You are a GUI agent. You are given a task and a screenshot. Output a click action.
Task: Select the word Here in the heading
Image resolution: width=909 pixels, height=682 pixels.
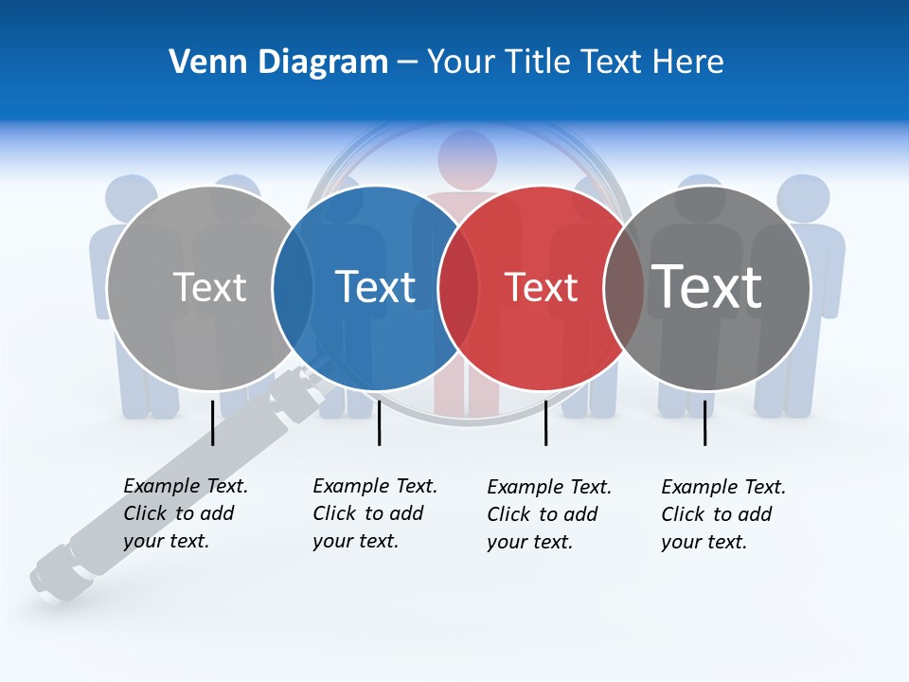(x=688, y=63)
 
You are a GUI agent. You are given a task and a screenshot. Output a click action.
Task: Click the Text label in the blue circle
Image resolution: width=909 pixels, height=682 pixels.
(x=376, y=287)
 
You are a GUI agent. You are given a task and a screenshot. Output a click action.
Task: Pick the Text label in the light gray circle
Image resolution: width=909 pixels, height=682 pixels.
(x=209, y=287)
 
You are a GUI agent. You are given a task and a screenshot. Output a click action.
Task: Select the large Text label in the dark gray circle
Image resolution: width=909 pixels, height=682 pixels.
(x=707, y=286)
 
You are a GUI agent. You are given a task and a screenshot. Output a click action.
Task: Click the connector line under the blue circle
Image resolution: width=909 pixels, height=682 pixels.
(x=379, y=422)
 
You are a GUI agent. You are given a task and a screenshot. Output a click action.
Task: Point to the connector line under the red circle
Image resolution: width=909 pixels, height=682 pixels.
(x=545, y=422)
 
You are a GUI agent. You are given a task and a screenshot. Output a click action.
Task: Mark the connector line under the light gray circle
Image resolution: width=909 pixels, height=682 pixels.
(x=213, y=422)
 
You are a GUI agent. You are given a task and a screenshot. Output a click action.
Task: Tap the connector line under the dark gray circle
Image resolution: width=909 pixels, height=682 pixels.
(x=704, y=422)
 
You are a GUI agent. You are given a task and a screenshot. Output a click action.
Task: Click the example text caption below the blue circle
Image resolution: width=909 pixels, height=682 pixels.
(x=374, y=513)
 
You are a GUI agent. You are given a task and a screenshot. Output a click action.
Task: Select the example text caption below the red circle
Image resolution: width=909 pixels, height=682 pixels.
(x=548, y=514)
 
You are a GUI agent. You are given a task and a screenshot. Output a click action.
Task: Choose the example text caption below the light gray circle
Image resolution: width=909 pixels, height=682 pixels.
(x=185, y=513)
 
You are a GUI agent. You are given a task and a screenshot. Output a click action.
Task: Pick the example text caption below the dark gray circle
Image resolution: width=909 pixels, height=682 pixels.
(x=722, y=514)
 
